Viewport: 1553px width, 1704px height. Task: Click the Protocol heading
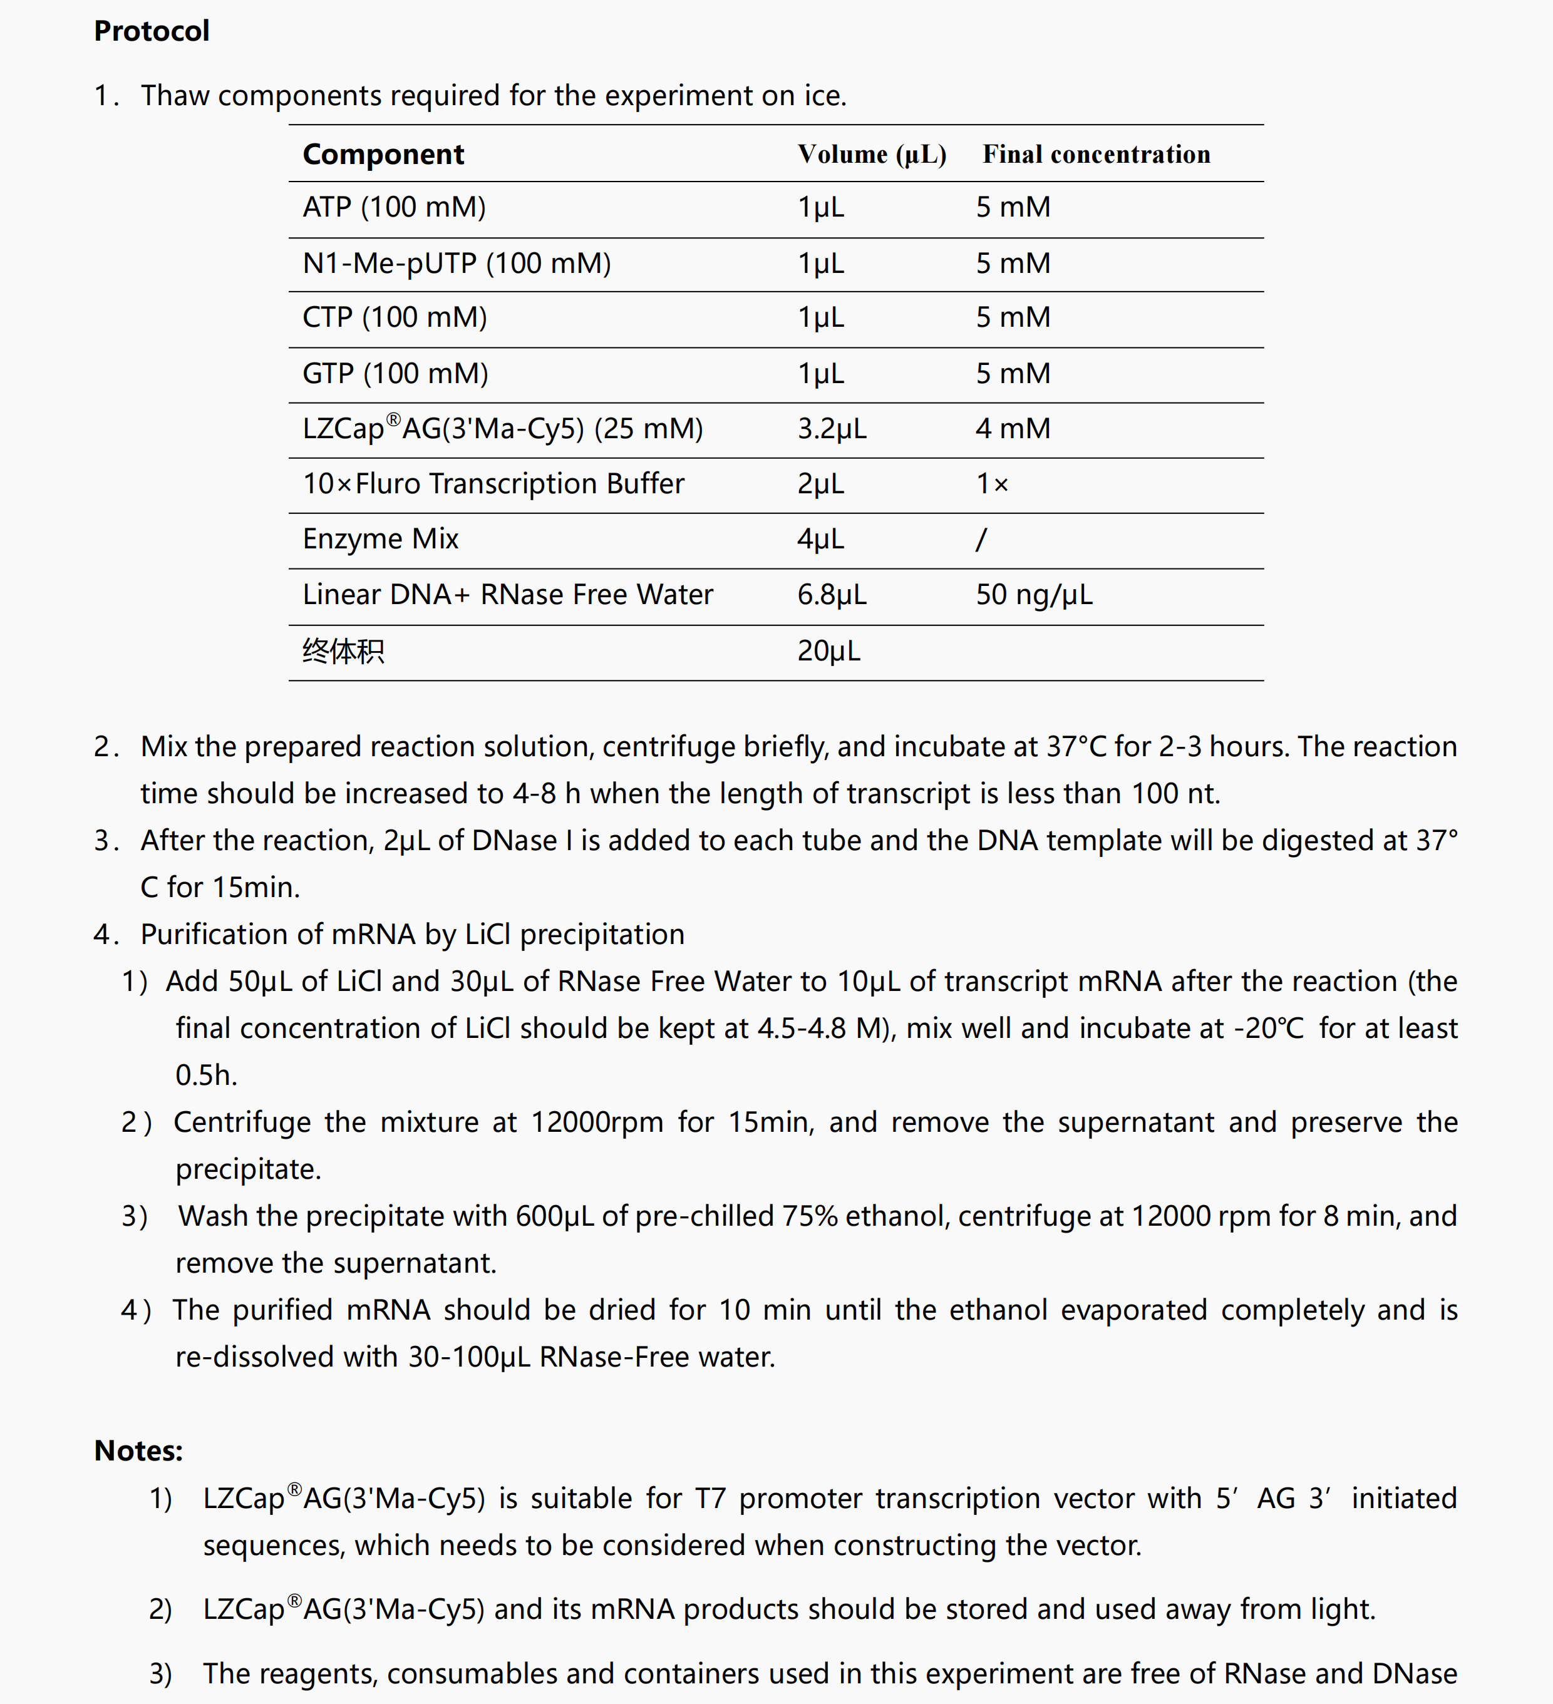152,31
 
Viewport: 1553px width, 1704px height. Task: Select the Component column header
383,155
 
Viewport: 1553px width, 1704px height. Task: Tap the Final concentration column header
1096,155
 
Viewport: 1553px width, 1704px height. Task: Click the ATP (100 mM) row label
394,207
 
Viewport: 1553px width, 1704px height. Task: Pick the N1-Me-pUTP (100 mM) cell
457,264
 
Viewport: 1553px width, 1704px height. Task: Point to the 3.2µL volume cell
832,429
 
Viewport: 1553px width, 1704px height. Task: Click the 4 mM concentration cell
1013,429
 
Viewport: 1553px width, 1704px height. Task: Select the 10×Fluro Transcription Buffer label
493,483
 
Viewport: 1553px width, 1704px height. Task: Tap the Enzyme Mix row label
381,539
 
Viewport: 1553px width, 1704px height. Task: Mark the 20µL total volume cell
828,651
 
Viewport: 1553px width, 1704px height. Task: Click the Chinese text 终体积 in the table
343,652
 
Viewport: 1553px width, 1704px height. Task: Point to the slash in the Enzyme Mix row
981,539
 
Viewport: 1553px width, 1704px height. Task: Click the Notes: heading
138,1450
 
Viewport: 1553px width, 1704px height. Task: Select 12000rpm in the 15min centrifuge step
597,1122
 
